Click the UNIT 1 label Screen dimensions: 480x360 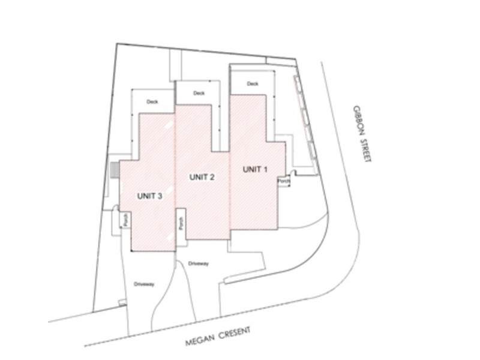tap(255, 170)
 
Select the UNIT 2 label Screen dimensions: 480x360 tap(202, 177)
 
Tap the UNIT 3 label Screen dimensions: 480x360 tap(149, 196)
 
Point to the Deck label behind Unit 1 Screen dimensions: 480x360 tap(253, 83)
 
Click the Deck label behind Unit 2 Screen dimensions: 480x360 tap(199, 93)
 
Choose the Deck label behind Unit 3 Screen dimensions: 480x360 tap(152, 101)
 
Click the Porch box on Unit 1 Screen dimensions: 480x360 tap(284, 181)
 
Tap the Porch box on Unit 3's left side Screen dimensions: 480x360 tap(125, 220)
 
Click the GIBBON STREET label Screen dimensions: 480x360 tap(362, 134)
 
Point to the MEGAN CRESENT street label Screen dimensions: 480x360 tap(218, 337)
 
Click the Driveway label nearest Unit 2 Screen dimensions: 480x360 tap(199, 263)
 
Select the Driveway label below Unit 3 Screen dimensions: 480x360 tap(144, 284)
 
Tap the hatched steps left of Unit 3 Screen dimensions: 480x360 tap(114, 170)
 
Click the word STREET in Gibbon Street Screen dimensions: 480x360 tap(366, 151)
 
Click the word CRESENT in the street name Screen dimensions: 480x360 tap(235, 333)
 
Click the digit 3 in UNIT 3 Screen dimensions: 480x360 tap(160, 196)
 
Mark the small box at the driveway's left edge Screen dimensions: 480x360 tap(122, 302)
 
